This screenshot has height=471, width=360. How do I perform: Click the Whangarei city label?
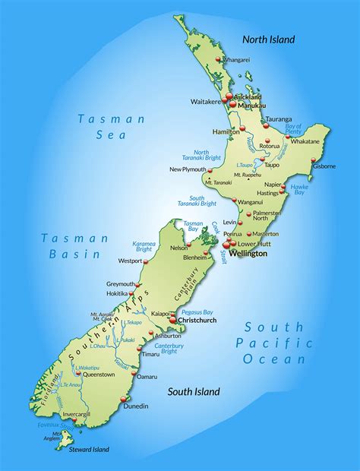(237, 59)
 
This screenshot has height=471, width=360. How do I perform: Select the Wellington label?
(248, 254)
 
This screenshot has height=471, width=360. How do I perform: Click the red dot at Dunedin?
(128, 399)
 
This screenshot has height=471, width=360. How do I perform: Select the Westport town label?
(130, 261)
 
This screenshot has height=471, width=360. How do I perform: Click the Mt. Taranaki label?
(219, 182)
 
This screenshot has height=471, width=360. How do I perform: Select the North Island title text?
(268, 40)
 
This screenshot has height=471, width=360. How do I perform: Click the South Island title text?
(194, 392)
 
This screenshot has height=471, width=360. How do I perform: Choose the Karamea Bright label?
(144, 246)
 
